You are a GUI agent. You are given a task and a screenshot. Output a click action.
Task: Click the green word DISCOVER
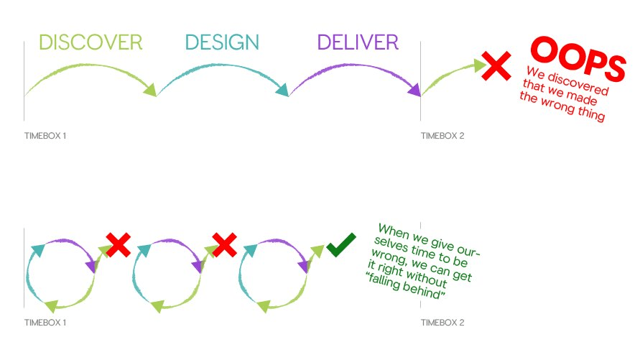[91, 42]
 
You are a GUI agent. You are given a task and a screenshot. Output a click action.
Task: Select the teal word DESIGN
[222, 42]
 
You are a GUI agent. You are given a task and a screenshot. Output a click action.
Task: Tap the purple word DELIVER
[358, 42]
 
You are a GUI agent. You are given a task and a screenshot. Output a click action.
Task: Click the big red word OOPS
[578, 58]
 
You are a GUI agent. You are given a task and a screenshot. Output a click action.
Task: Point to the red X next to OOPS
[496, 65]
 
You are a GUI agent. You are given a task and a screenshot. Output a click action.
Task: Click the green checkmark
[341, 244]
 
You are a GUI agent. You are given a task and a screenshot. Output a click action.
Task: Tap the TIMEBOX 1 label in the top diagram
[45, 136]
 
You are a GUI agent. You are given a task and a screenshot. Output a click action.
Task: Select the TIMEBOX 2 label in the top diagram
[442, 136]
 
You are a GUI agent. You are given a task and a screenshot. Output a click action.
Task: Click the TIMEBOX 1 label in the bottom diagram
[45, 323]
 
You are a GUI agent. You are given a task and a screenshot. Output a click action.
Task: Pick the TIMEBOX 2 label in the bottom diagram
[442, 323]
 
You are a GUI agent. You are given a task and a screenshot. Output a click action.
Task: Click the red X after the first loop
[118, 245]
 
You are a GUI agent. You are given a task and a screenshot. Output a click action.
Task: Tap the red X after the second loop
[224, 245]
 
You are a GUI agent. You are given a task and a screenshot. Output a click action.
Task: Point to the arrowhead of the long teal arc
[282, 90]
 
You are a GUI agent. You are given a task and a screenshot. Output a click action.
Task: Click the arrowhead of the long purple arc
[414, 90]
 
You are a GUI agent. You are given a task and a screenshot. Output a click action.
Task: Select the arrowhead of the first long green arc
[150, 90]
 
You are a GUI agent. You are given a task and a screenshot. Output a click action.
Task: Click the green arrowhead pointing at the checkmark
[317, 250]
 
